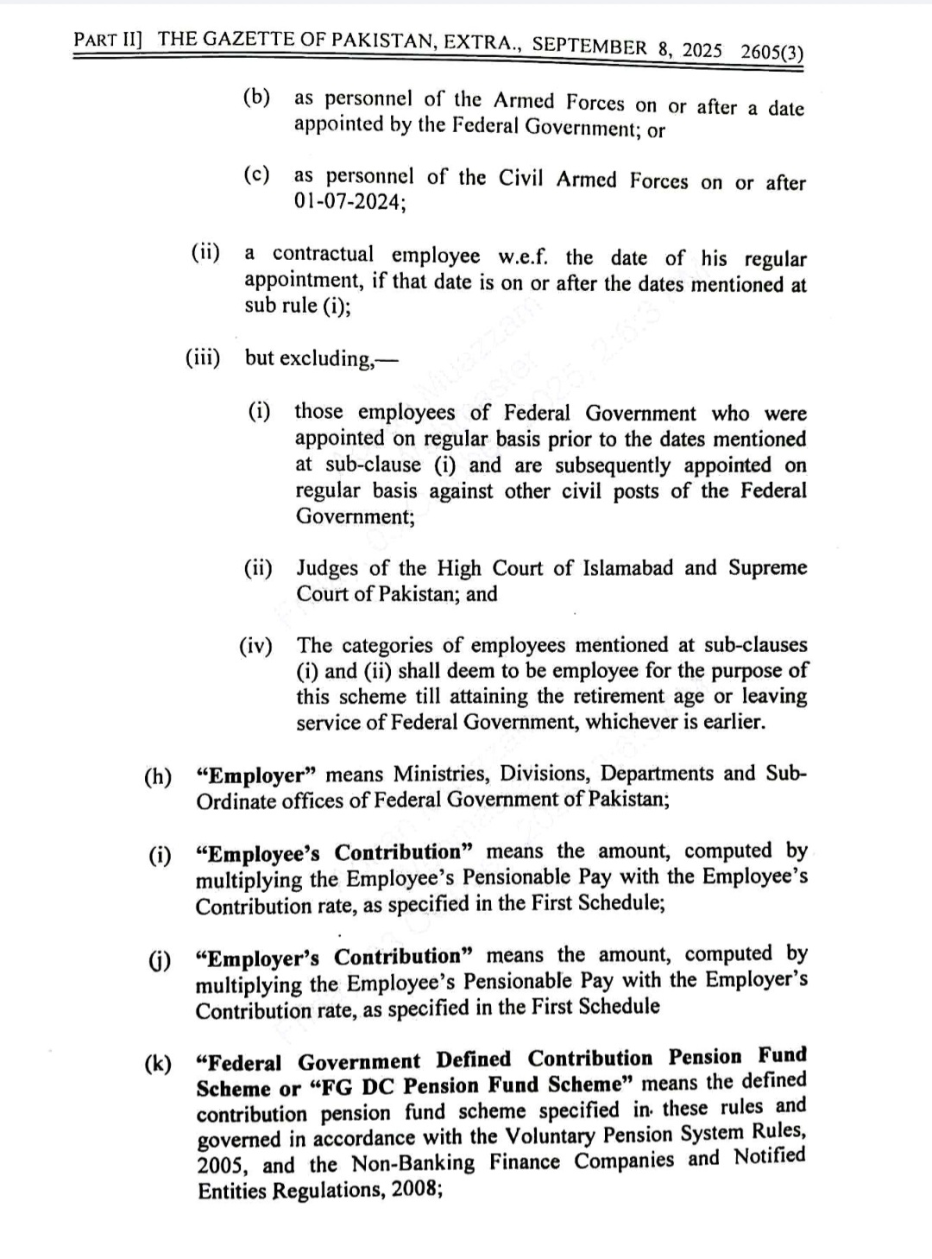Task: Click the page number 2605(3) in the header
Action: tap(771, 51)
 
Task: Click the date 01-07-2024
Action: tap(348, 203)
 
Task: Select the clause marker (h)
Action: tap(157, 775)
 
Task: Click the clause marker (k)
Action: tap(157, 1063)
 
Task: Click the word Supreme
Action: tap(767, 568)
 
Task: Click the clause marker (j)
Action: tap(158, 959)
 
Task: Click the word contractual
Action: tap(324, 255)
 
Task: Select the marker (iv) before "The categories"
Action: tap(255, 646)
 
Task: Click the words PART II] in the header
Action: tap(108, 39)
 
